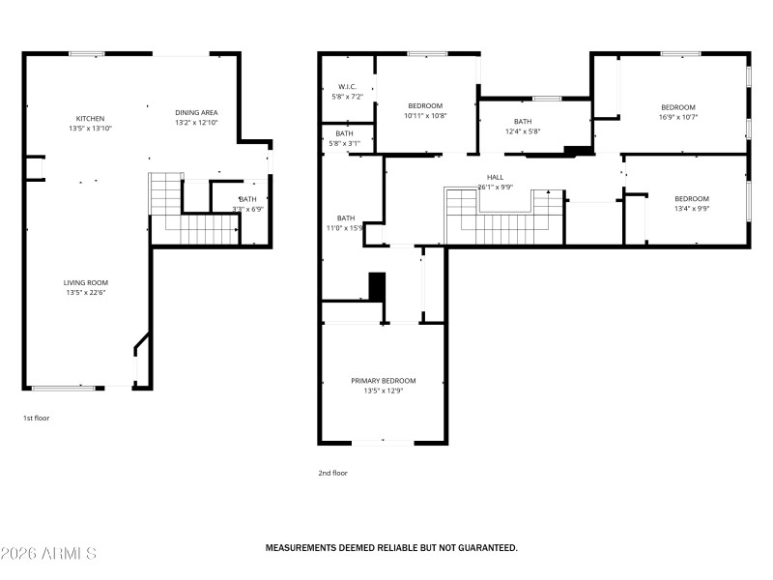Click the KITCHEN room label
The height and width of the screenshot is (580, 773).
91,118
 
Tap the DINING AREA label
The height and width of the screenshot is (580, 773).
196,112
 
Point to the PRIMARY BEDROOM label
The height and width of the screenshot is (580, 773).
383,381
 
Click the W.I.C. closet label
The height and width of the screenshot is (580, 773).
348,86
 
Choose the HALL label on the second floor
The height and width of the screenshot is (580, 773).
495,177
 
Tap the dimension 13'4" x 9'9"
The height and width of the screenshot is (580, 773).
691,208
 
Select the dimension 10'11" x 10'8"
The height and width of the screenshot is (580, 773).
425,115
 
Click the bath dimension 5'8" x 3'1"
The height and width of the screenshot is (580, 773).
345,143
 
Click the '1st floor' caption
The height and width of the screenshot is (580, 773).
36,419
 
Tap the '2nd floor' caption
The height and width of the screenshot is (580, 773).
332,473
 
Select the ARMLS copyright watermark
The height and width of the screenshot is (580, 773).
48,554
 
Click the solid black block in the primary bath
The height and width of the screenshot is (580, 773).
378,287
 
